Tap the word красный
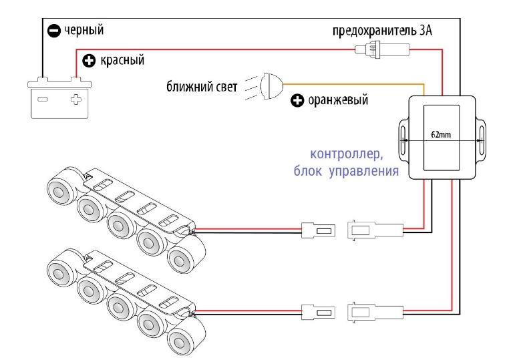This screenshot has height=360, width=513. (x=121, y=61)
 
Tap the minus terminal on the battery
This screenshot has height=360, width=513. (x=43, y=100)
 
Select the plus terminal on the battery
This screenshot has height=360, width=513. (x=75, y=100)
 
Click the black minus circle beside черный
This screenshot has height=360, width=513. (x=54, y=30)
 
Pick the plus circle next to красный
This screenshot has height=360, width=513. (x=88, y=61)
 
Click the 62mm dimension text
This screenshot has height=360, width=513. (x=442, y=134)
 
